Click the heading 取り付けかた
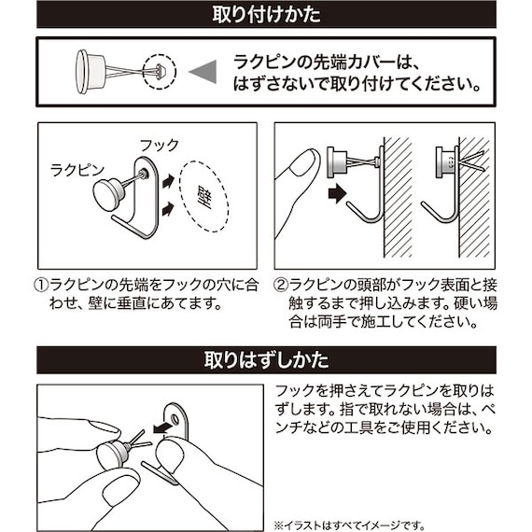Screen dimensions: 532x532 (266, 15)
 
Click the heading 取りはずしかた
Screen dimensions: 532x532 (266, 358)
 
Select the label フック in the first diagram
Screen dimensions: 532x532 (158, 146)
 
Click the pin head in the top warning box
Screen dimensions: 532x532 (85, 70)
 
